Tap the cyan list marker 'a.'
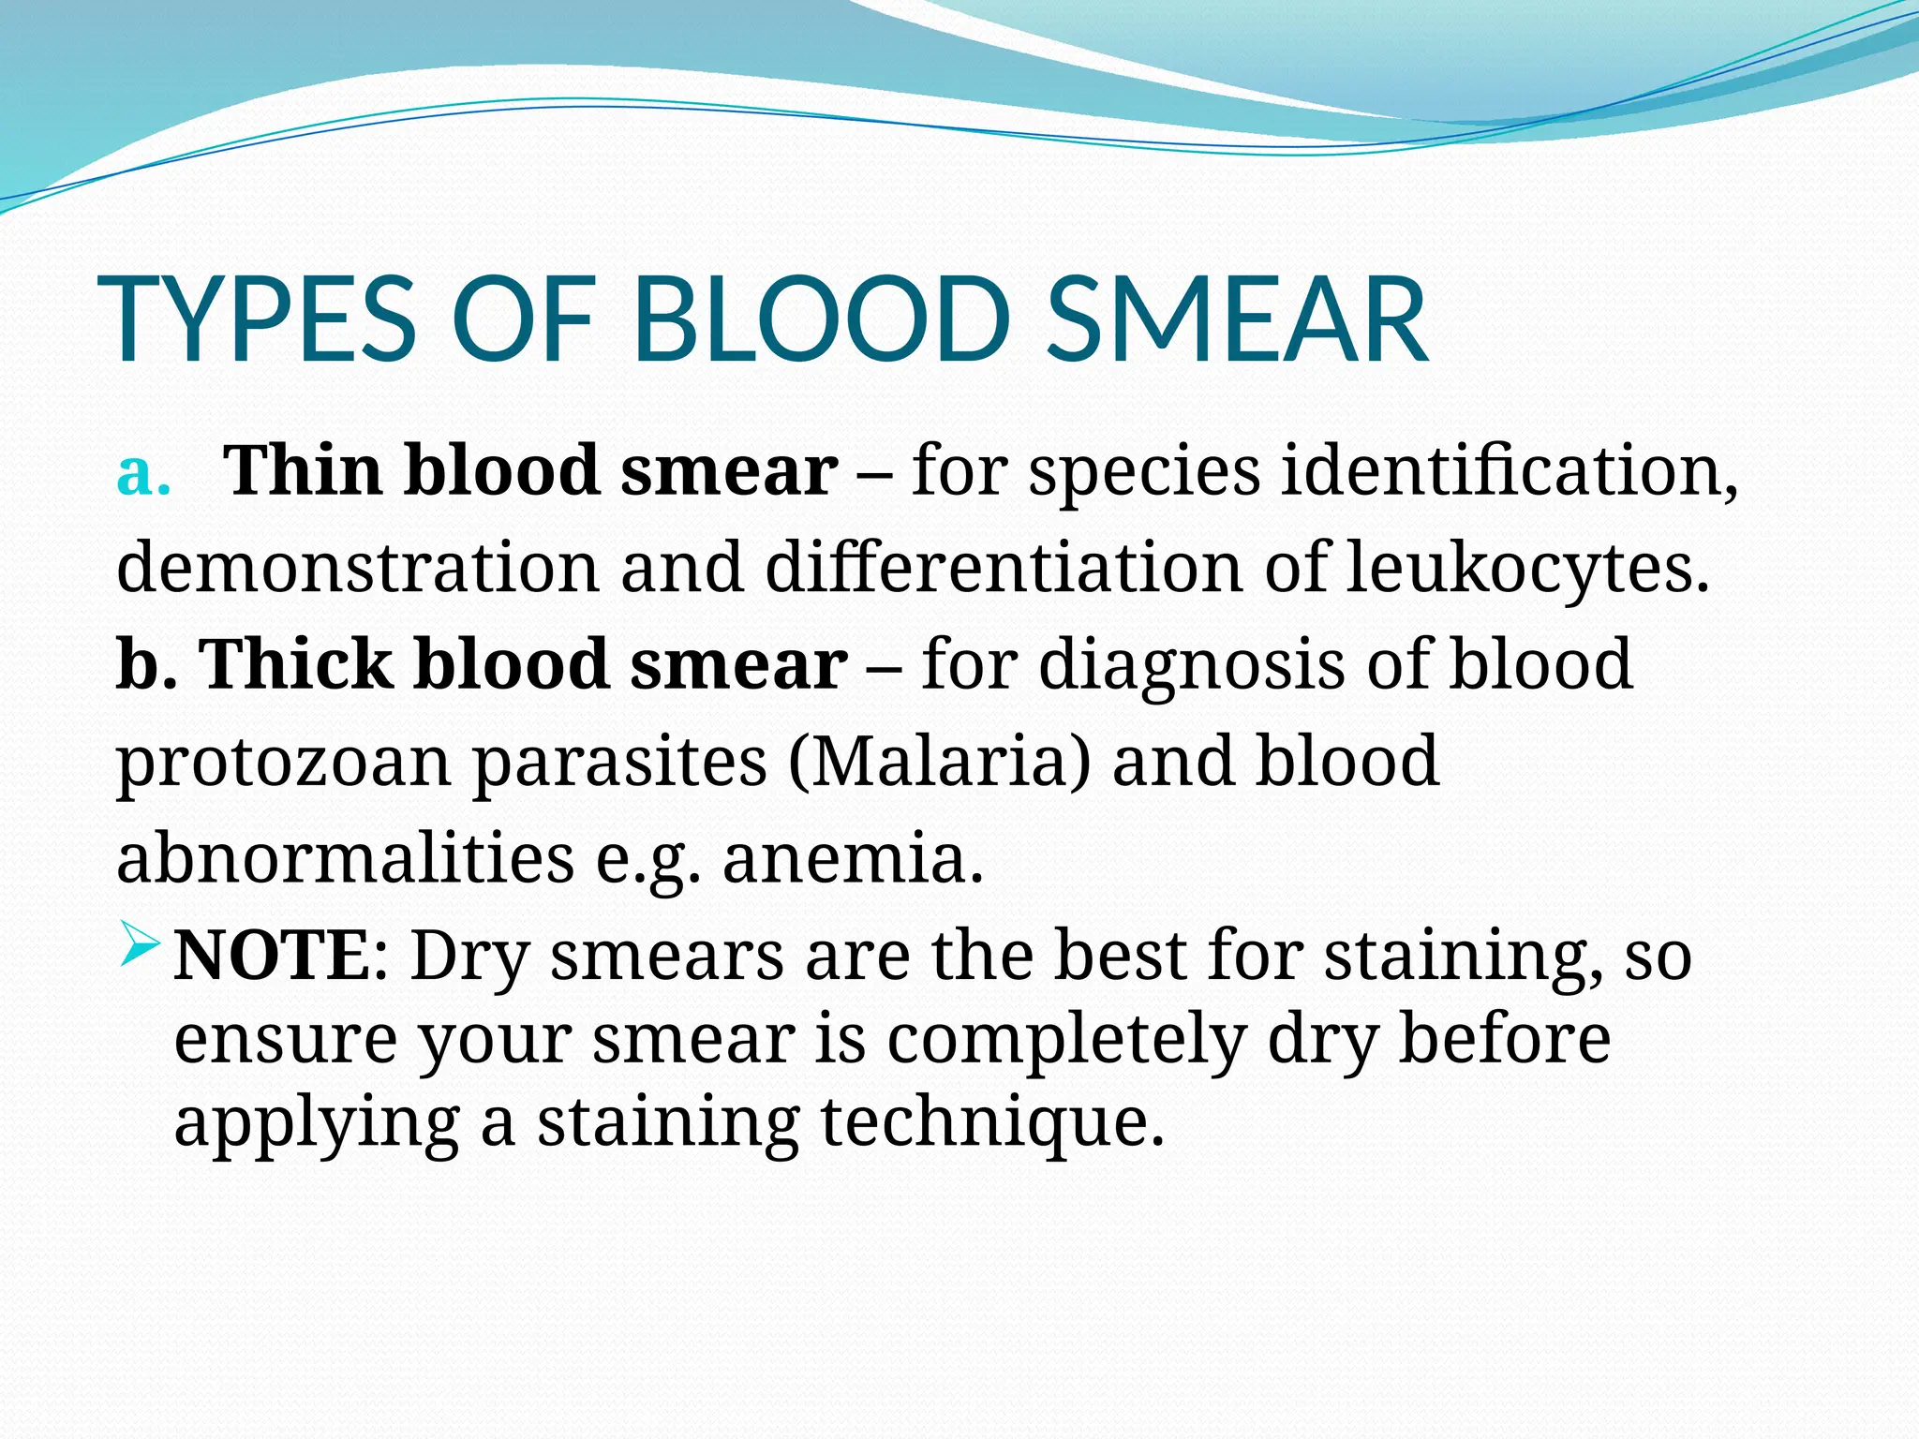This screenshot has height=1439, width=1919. pos(143,473)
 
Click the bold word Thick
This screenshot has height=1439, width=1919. pos(296,664)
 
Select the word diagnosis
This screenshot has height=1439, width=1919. pos(1191,664)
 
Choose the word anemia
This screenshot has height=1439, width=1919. pos(853,859)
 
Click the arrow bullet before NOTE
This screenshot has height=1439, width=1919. pos(141,948)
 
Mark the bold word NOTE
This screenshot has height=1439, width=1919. pos(272,957)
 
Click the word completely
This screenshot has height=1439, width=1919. pos(1066,1040)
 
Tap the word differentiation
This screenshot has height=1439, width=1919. pos(1004,568)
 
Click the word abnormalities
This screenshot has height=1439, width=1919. pos(345,859)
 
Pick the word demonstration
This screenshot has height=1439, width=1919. pos(357,568)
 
